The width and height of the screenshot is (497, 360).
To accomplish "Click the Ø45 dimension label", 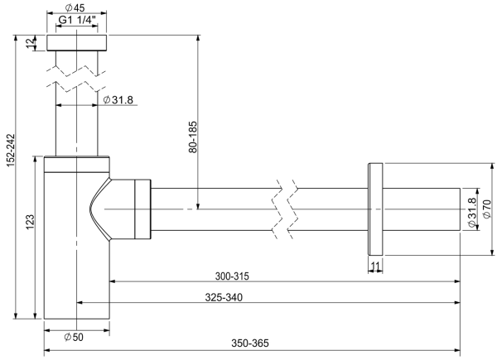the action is pyautogui.click(x=75, y=7).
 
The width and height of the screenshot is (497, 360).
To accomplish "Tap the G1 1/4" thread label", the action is pyautogui.click(x=77, y=20).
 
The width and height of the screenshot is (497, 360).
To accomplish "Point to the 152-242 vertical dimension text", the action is pyautogui.click(x=11, y=151).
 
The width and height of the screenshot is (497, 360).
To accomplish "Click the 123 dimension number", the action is pyautogui.click(x=30, y=222).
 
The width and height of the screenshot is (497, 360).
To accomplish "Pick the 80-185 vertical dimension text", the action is pyautogui.click(x=192, y=137).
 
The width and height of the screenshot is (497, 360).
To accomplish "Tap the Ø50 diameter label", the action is pyautogui.click(x=74, y=337).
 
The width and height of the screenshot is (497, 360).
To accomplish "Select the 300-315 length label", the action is pyautogui.click(x=232, y=276).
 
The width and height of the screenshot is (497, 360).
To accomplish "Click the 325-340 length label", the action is pyautogui.click(x=224, y=297).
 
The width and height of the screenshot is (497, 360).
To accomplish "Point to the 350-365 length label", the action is pyautogui.click(x=250, y=343).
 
